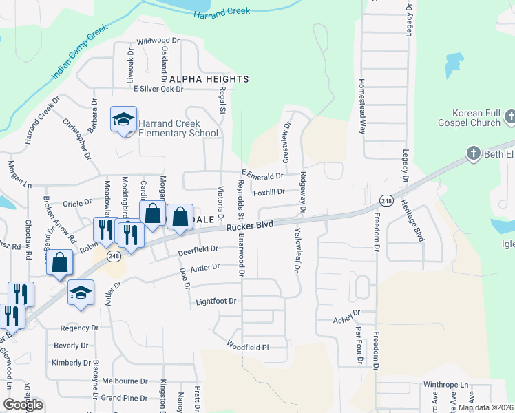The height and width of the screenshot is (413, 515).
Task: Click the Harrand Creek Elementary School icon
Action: click(x=124, y=120)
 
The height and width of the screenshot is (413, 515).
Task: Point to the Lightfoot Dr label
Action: click(x=216, y=301)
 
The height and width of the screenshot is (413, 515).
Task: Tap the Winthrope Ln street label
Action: click(x=445, y=385)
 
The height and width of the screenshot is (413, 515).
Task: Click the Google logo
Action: click(x=23, y=404)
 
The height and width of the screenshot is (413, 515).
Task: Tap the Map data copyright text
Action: click(x=485, y=407)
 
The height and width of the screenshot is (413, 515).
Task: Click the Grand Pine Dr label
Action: click(x=124, y=398)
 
